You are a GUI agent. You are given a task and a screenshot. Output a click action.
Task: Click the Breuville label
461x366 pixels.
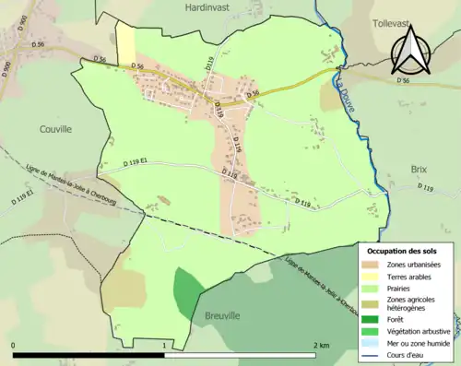coord(222,315)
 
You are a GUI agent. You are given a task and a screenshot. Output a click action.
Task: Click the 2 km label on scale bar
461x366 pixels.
coord(322,345)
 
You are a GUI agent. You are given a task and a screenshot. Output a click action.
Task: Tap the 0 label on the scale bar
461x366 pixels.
coord(14,345)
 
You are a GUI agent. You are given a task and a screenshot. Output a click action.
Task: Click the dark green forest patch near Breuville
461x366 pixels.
coord(187,293)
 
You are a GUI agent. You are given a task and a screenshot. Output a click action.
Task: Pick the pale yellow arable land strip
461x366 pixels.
coord(124,41)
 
